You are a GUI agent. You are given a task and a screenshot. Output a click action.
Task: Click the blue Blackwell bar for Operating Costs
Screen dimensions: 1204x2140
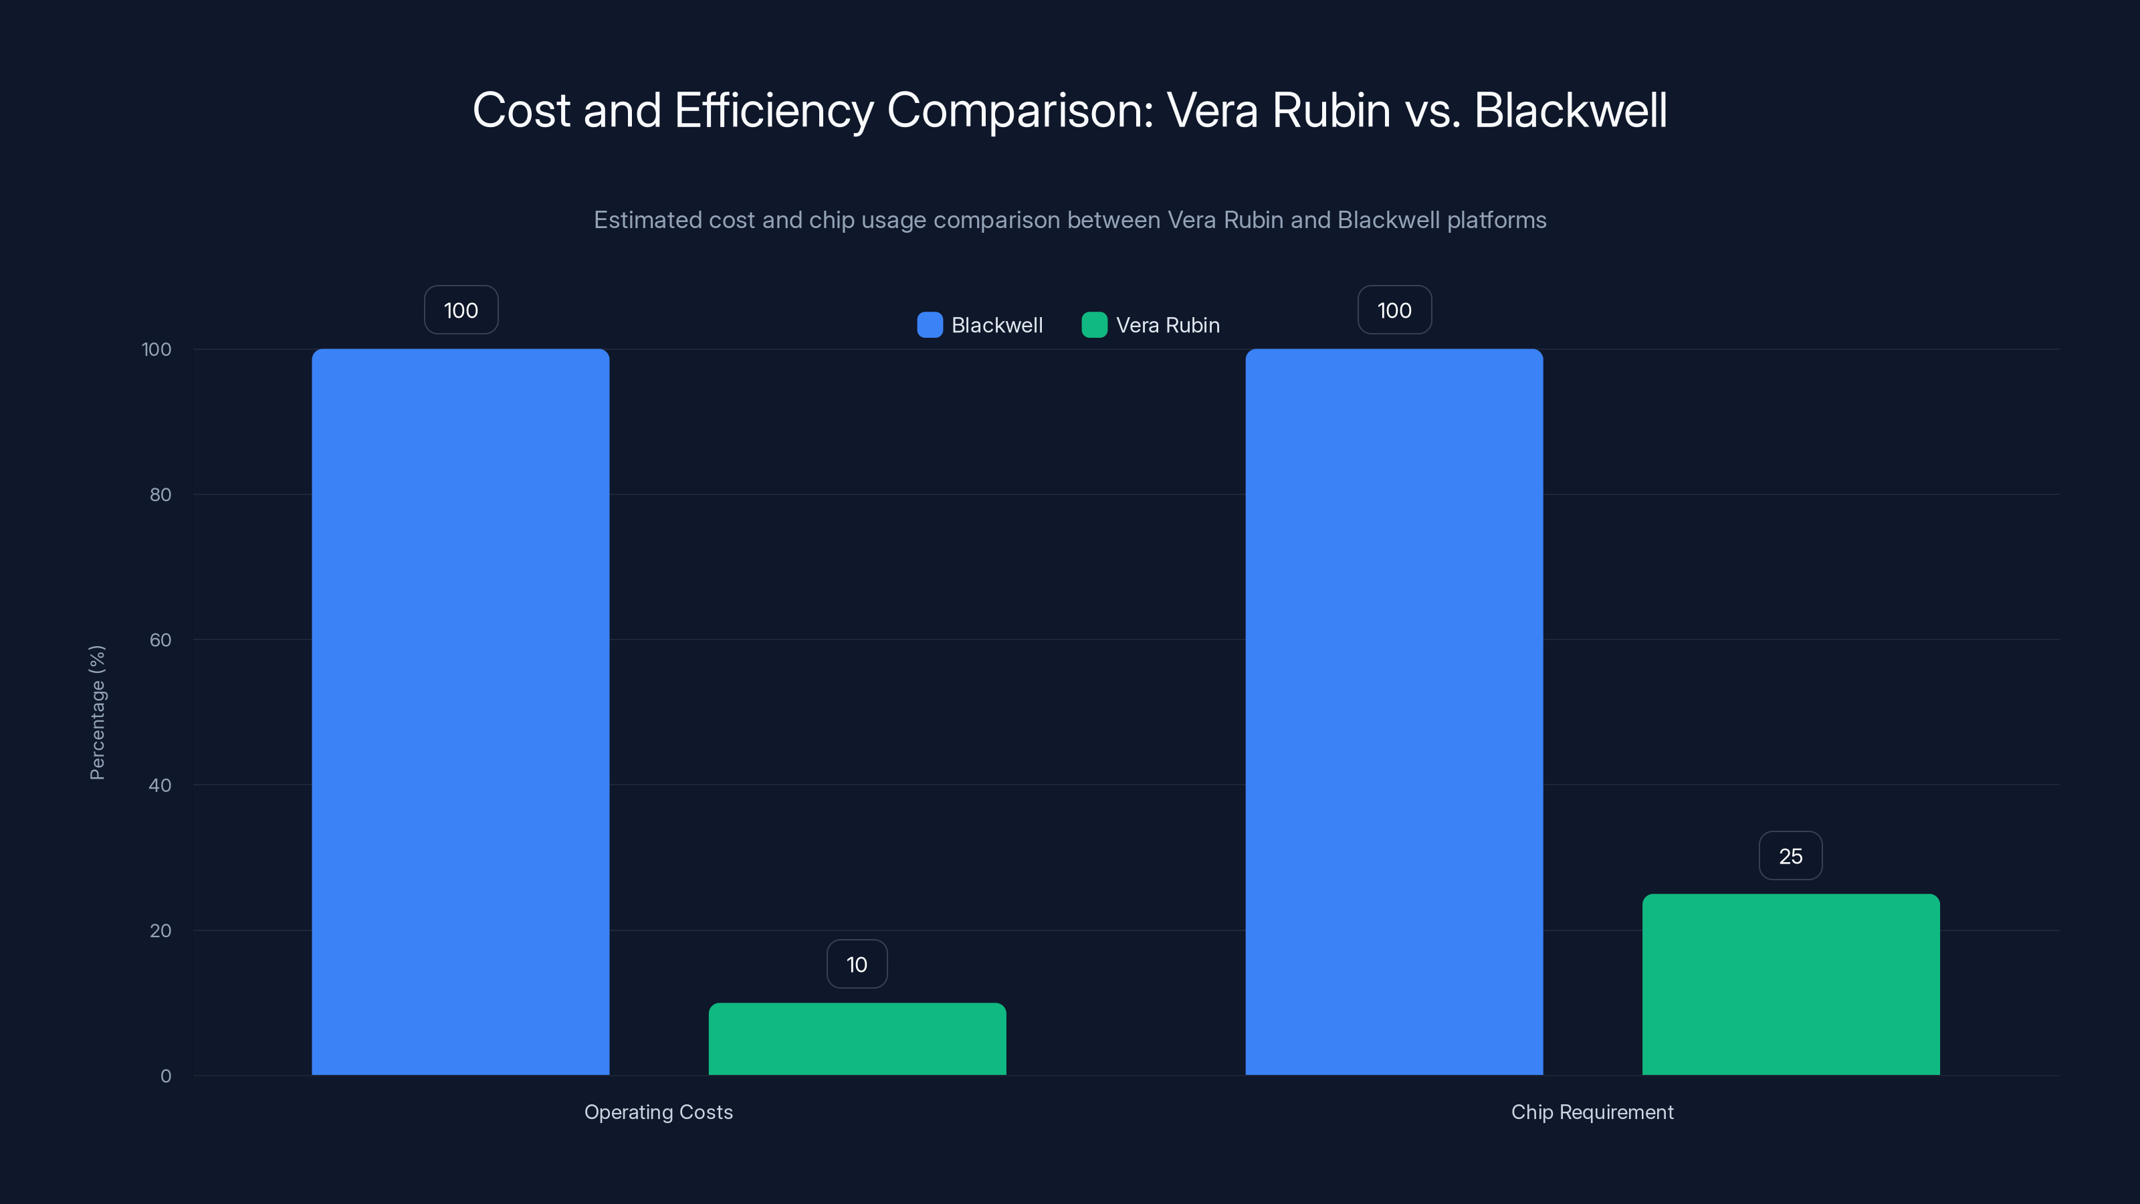(460, 711)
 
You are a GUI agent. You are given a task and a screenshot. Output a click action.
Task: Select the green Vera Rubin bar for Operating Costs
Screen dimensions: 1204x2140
(857, 1039)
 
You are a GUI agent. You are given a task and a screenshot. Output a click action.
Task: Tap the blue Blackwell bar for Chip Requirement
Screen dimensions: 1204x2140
(1394, 711)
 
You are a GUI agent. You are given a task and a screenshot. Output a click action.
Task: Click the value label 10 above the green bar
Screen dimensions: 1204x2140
(857, 964)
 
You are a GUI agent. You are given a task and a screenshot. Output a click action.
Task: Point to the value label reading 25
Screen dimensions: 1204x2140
(1790, 856)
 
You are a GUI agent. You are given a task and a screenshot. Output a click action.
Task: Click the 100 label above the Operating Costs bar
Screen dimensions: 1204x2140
(461, 310)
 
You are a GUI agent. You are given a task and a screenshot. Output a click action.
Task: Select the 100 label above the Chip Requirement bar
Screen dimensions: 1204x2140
(1394, 310)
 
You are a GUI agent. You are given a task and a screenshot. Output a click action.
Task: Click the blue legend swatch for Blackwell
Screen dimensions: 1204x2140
(930, 325)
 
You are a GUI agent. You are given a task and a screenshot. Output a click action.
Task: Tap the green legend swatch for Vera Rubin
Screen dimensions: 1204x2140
(1094, 325)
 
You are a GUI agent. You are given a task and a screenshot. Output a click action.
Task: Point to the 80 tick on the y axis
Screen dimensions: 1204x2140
(160, 494)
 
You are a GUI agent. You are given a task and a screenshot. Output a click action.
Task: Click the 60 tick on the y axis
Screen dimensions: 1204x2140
(160, 640)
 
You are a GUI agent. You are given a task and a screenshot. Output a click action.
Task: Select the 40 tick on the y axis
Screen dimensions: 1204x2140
(160, 785)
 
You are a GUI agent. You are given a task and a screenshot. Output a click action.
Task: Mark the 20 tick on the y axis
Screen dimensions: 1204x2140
(160, 930)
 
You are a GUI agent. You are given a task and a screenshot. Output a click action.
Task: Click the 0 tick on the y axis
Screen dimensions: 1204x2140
(165, 1076)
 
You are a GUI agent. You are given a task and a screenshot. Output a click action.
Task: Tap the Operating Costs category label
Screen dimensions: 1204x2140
(658, 1112)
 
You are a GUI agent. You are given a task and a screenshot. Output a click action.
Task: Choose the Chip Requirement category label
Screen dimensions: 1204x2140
(1592, 1112)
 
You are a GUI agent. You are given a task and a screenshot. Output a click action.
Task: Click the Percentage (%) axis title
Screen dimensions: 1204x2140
(97, 712)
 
